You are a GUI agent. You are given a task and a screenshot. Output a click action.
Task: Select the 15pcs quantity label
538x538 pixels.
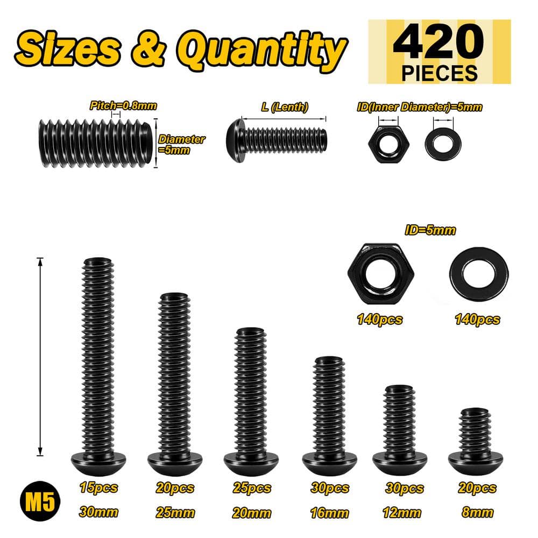point(98,488)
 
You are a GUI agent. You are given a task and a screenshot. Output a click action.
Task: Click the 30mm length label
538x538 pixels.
point(98,512)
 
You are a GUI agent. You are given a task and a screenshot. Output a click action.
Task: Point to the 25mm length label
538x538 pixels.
point(174,512)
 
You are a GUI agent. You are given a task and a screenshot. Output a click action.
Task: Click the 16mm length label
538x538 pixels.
point(330,512)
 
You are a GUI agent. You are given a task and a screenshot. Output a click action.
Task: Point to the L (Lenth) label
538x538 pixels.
point(285,107)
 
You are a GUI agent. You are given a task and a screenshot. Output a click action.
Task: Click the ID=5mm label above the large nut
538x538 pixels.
point(430,230)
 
